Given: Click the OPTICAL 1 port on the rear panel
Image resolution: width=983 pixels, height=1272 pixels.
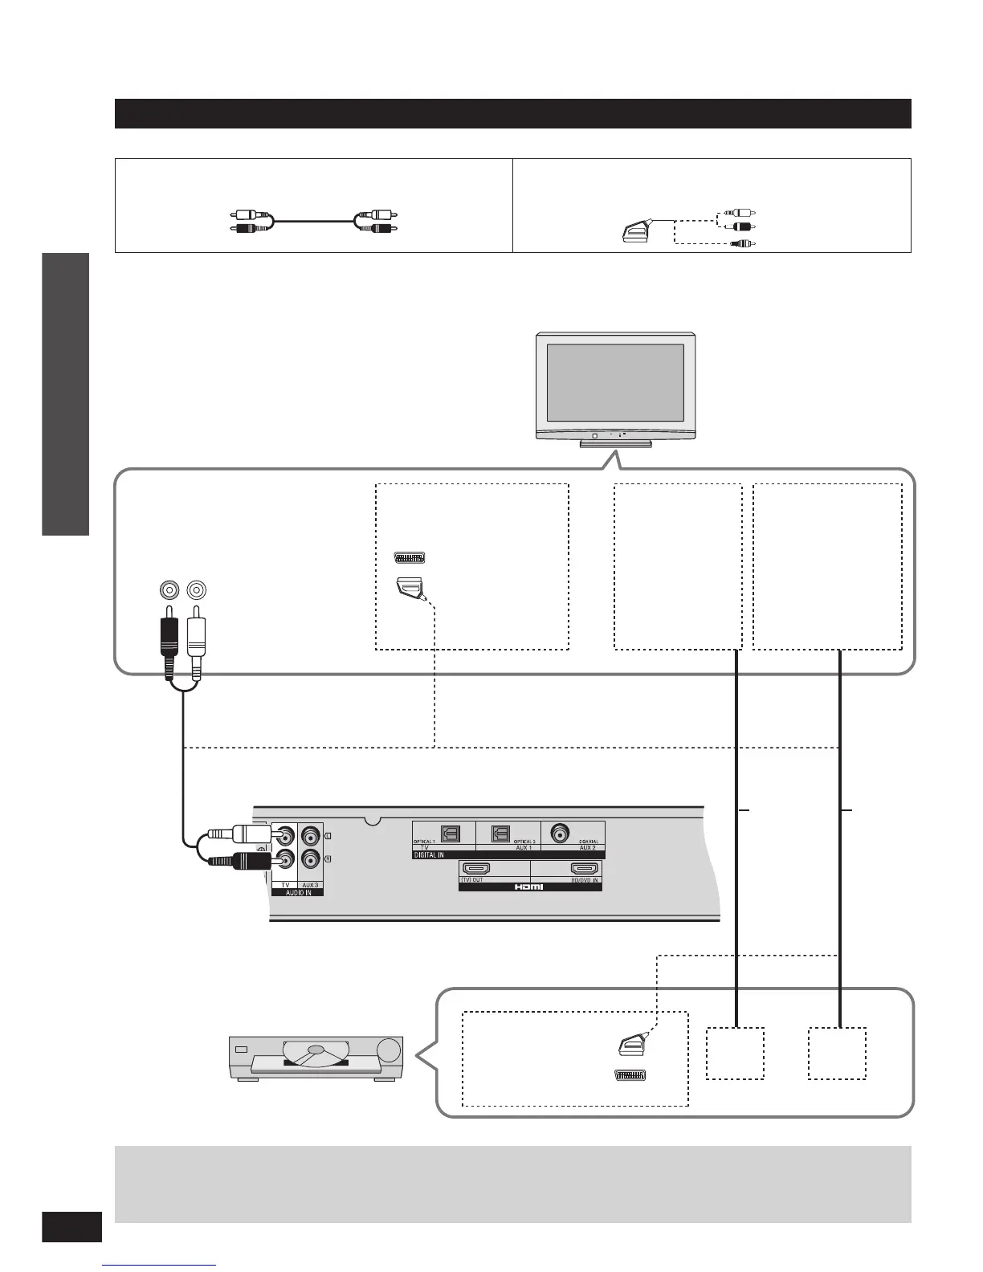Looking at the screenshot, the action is click(x=451, y=834).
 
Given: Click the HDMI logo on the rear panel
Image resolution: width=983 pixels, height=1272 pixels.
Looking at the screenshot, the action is click(x=530, y=887).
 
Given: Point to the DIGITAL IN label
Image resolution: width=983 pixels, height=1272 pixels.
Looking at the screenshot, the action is click(x=429, y=855).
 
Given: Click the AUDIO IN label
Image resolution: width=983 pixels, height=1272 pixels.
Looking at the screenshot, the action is click(x=297, y=892).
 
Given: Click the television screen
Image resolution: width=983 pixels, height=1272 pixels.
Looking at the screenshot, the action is click(x=615, y=382).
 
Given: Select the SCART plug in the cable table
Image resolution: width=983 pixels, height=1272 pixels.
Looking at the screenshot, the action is click(x=639, y=232).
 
